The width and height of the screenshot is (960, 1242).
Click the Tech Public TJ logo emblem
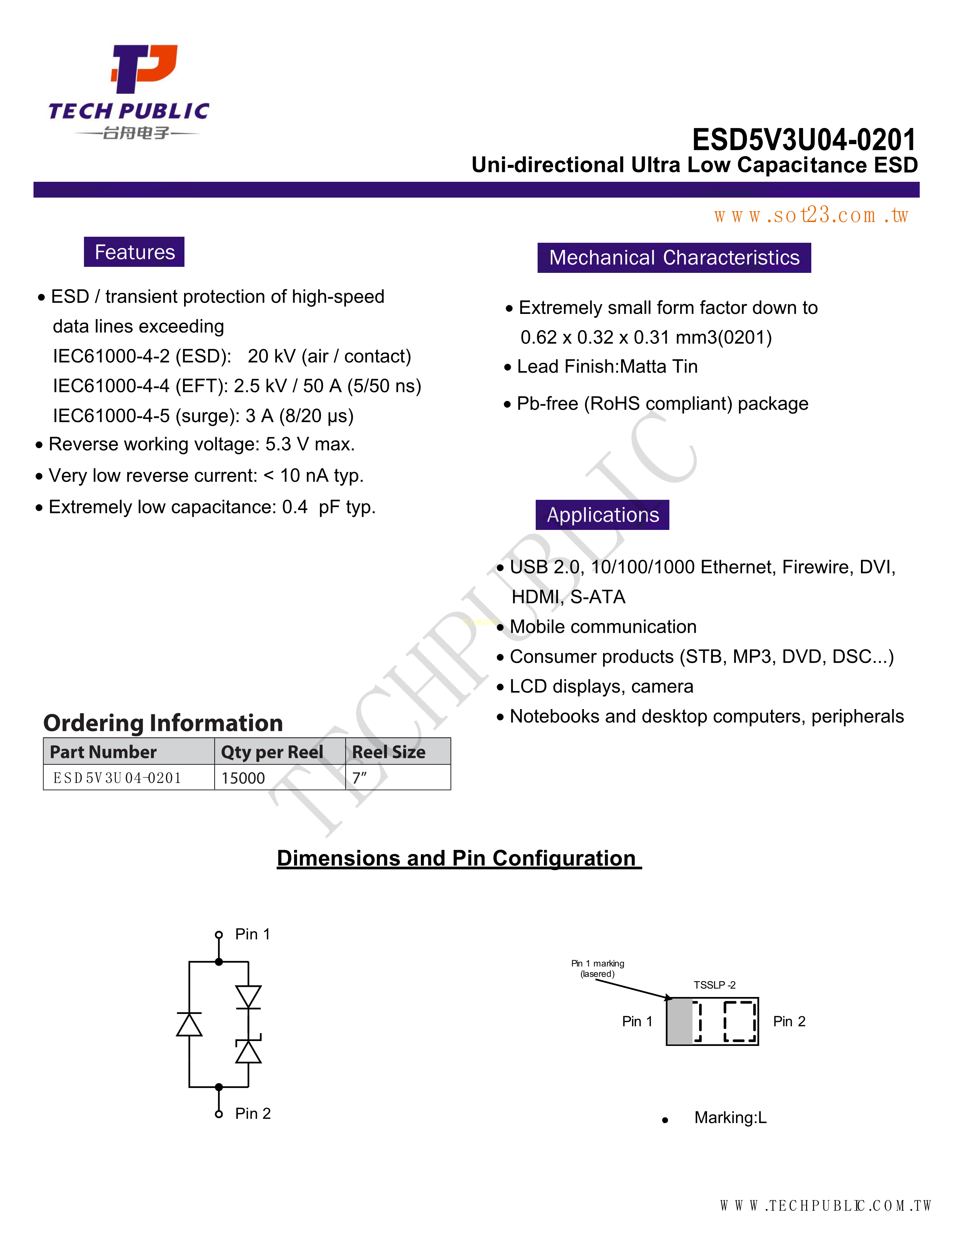[143, 68]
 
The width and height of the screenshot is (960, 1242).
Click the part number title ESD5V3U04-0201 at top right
[804, 139]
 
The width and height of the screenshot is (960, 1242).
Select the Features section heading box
[134, 252]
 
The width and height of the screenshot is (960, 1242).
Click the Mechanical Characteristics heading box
[674, 257]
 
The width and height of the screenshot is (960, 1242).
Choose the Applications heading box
[602, 514]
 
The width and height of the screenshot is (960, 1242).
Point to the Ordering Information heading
[163, 723]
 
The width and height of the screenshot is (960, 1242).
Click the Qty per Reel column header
[272, 752]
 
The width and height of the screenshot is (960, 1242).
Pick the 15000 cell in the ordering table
[244, 778]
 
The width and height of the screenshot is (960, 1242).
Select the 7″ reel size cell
[360, 778]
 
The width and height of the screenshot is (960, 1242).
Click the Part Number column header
[104, 752]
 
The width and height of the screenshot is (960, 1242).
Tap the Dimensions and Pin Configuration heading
[459, 858]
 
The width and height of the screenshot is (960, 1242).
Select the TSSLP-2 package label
[714, 985]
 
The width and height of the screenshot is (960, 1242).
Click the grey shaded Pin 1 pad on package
[680, 1021]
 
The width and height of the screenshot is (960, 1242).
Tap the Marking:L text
[730, 1117]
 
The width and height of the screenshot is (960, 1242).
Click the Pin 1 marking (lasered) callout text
[598, 968]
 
